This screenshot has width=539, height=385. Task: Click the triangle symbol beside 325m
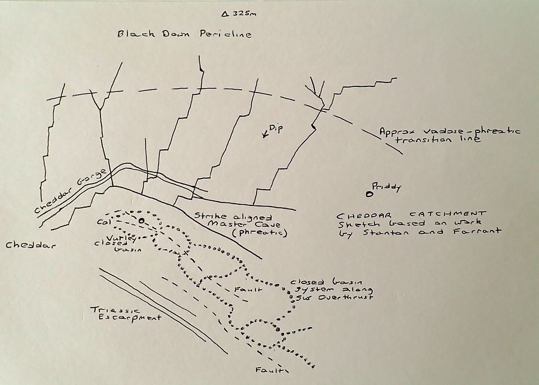225,13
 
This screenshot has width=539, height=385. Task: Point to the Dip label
275,129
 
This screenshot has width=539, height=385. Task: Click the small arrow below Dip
264,135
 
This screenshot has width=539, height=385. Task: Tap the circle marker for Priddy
369,195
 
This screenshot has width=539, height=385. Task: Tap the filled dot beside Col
141,221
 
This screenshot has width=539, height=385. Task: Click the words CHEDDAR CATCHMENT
410,214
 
